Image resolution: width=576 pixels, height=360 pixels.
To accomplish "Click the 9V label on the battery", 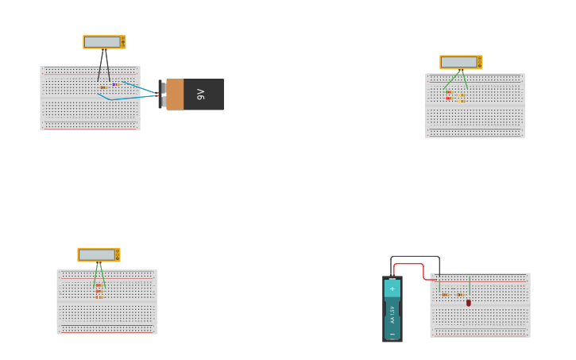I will pos(201,95).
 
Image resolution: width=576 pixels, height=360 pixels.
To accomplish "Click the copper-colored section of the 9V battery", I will pos(175,95).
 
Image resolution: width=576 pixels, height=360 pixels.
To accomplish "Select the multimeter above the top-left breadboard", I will pos(104,42).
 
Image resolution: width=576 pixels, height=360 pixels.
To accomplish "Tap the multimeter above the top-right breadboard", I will pos(461,62).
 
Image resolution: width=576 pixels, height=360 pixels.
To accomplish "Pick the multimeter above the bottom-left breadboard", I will pos(99,254).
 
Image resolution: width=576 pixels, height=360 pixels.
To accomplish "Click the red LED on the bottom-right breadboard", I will pos(469,303).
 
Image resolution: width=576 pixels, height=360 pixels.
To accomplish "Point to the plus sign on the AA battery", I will pos(392,289).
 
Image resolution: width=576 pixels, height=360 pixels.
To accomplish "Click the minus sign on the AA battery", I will pos(392,335).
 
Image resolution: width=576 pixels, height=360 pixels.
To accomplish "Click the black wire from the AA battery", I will pos(415,257).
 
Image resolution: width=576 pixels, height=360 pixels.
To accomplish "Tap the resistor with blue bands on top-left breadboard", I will pos(115,84).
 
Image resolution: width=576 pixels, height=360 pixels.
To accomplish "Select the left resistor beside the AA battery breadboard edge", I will pos(445,295).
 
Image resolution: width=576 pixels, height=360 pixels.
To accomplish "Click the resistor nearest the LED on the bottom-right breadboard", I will pos(460,295).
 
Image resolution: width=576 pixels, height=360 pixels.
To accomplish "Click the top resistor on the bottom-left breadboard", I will pos(99,285).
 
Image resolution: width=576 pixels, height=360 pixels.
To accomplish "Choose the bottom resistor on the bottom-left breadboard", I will pos(99,296).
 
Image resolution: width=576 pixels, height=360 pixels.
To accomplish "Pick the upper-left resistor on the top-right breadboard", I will pos(450,92).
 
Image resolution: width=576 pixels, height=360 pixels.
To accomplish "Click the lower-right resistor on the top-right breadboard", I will pos(461,101).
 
